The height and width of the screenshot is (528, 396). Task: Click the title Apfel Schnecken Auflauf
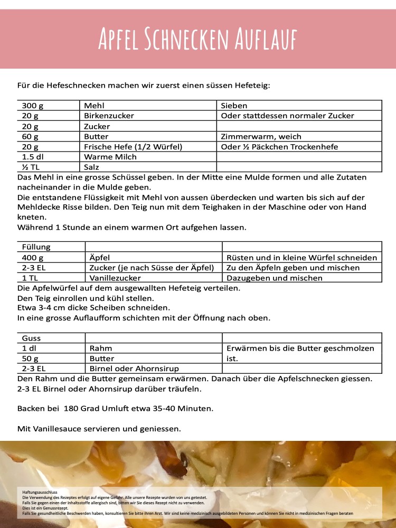pos(198,39)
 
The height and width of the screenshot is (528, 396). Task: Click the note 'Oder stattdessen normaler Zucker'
pos(287,116)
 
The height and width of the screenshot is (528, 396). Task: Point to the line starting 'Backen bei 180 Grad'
pos(116,409)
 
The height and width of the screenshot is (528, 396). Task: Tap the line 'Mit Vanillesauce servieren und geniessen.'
pos(99,429)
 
